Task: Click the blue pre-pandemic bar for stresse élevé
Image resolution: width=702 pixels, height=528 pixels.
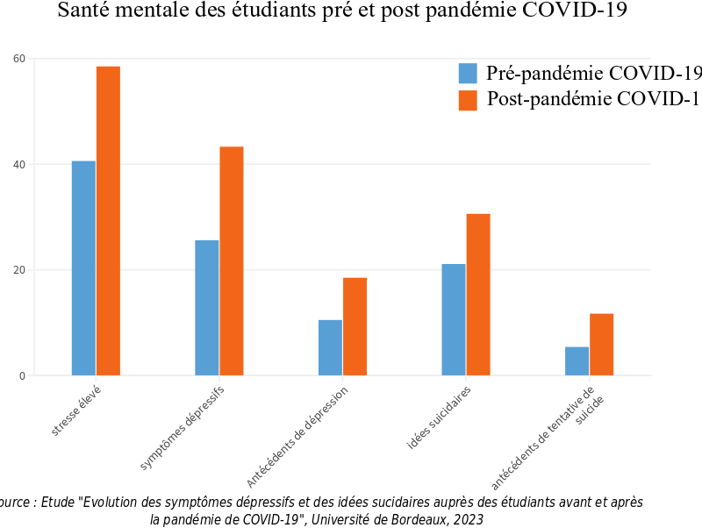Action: click(83, 268)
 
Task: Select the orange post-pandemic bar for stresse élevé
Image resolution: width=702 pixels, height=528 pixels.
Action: click(108, 221)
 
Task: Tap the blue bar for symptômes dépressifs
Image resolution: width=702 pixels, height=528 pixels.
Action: click(207, 308)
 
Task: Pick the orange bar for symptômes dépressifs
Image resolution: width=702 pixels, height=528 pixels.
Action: click(232, 261)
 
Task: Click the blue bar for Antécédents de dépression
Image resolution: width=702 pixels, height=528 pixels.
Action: click(330, 347)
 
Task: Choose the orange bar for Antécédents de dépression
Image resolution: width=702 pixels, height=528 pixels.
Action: click(355, 326)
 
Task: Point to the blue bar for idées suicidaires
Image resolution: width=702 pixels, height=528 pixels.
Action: click(454, 319)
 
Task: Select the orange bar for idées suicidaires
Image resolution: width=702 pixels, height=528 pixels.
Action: click(478, 295)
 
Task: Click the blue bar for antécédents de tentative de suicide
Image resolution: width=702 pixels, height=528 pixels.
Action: click(577, 361)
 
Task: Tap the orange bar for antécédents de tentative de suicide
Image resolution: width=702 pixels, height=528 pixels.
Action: click(601, 345)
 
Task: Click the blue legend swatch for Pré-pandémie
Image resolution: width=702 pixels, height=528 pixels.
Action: click(469, 73)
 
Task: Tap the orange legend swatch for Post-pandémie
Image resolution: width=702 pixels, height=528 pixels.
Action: click(469, 99)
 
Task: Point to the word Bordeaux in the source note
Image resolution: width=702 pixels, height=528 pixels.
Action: click(415, 519)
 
